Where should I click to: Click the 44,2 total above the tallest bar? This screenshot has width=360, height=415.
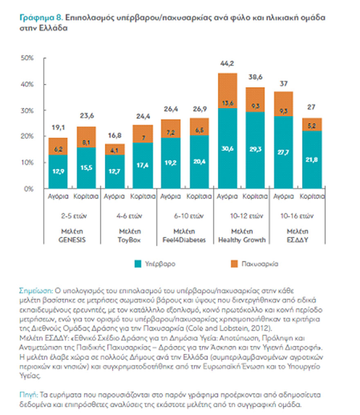pyautogui.click(x=227, y=64)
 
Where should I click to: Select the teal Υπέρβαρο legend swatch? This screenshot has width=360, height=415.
pyautogui.click(x=137, y=264)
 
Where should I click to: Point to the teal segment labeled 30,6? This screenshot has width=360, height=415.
pyautogui.click(x=227, y=148)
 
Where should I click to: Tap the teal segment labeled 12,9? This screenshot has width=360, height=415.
pyautogui.click(x=58, y=172)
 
